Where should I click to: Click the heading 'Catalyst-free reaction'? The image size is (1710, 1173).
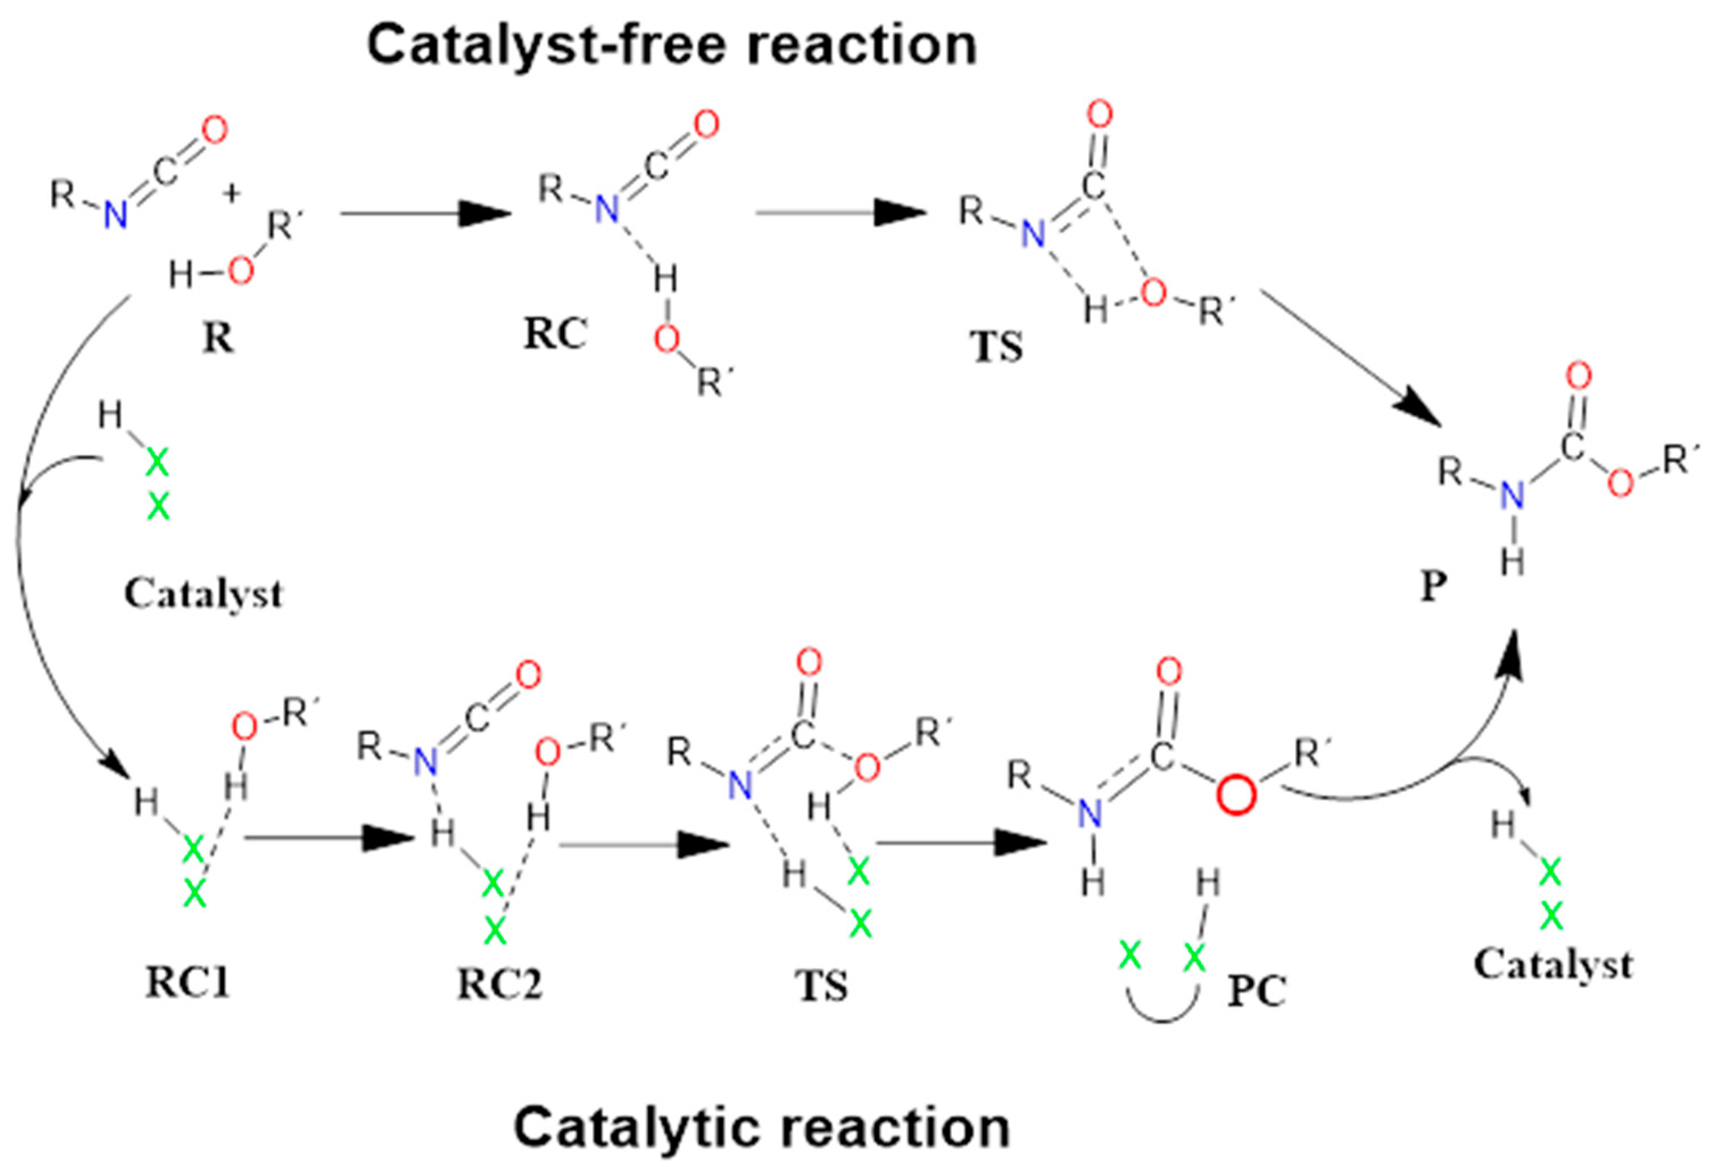point(671,45)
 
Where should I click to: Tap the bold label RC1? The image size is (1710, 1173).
point(188,982)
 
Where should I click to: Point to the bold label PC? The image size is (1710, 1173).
point(1257,991)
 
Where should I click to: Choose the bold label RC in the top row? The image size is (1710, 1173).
point(556,335)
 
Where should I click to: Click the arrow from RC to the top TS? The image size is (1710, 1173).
point(840,213)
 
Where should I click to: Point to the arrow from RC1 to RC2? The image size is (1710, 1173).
point(328,838)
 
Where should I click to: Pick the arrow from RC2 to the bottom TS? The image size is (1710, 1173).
point(643,845)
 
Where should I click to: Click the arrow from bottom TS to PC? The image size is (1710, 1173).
point(961,842)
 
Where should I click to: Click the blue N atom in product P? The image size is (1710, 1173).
point(1513,496)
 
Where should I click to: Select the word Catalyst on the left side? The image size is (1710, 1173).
point(203,593)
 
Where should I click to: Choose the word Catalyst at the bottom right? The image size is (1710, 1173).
point(1552,964)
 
